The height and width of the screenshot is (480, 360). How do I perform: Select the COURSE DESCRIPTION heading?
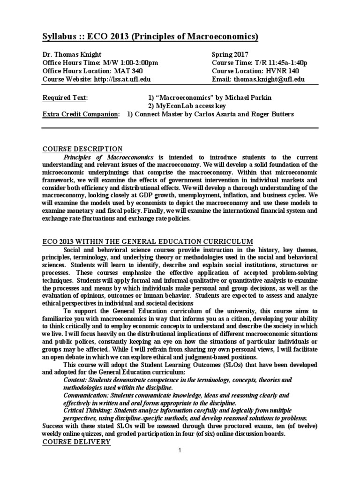click(82, 149)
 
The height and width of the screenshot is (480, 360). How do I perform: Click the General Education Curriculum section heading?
click(148, 241)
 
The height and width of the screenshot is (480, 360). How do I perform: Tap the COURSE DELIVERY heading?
click(76, 442)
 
